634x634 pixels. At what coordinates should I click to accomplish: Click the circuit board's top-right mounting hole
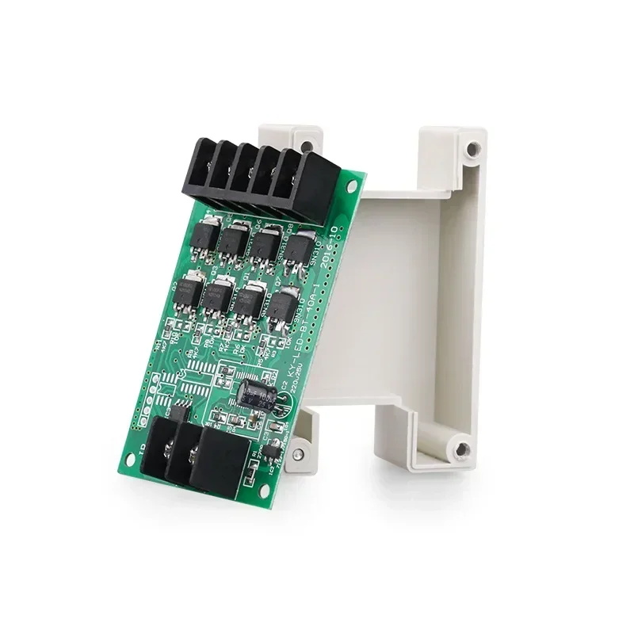(352, 187)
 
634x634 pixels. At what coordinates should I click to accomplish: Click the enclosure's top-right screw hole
(472, 148)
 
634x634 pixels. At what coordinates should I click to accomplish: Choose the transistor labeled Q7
(283, 310)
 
